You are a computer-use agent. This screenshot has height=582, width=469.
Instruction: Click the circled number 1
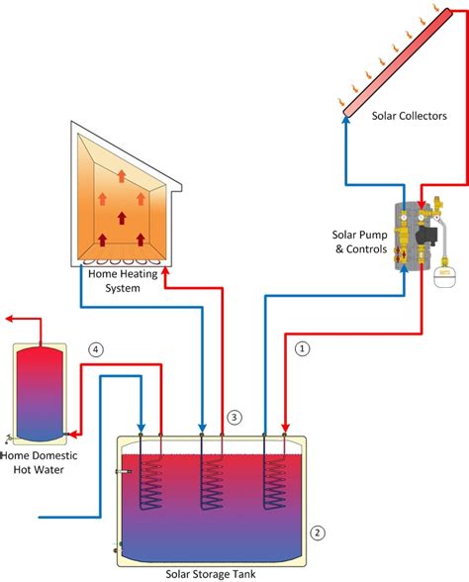pos(304,347)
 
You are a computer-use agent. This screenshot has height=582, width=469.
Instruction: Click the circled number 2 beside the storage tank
pos(317,533)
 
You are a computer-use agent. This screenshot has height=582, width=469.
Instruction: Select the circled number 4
pos(95,349)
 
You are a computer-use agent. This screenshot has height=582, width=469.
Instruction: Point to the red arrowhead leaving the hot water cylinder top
pos(9,320)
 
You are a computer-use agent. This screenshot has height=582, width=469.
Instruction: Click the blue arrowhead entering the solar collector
pos(346,118)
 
